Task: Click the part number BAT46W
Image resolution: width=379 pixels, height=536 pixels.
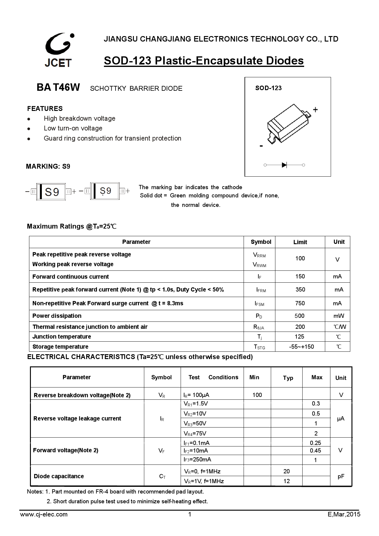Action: tap(58, 88)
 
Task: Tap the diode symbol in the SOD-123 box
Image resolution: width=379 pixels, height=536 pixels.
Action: tap(284, 165)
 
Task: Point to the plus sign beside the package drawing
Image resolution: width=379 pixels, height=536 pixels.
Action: tap(315, 109)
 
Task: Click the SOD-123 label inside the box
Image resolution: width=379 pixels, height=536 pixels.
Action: tap(268, 88)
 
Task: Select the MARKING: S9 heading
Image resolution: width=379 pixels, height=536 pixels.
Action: tap(48, 167)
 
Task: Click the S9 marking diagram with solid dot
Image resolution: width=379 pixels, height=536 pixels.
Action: tap(105, 191)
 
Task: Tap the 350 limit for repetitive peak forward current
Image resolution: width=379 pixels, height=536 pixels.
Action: tap(300, 289)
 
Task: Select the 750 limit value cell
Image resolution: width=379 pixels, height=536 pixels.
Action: tap(300, 303)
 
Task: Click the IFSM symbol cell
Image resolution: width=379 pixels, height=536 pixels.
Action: tap(259, 303)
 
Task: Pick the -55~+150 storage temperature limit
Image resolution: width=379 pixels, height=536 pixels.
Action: tap(301, 347)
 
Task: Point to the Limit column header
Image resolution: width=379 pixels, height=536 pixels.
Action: tap(300, 242)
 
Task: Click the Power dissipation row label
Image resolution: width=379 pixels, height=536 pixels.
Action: tap(57, 316)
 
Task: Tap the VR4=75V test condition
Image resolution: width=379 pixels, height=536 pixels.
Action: tap(195, 433)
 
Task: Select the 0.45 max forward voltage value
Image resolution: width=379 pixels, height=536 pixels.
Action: tap(315, 450)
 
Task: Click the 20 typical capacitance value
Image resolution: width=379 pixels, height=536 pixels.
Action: tap(286, 471)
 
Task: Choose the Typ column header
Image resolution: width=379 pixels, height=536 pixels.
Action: tap(288, 378)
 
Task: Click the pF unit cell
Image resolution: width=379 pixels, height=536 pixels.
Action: tap(341, 476)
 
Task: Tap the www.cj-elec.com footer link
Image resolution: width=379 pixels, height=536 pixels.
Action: tap(44, 514)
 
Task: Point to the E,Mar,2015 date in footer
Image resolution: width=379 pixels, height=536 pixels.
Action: tap(344, 514)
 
